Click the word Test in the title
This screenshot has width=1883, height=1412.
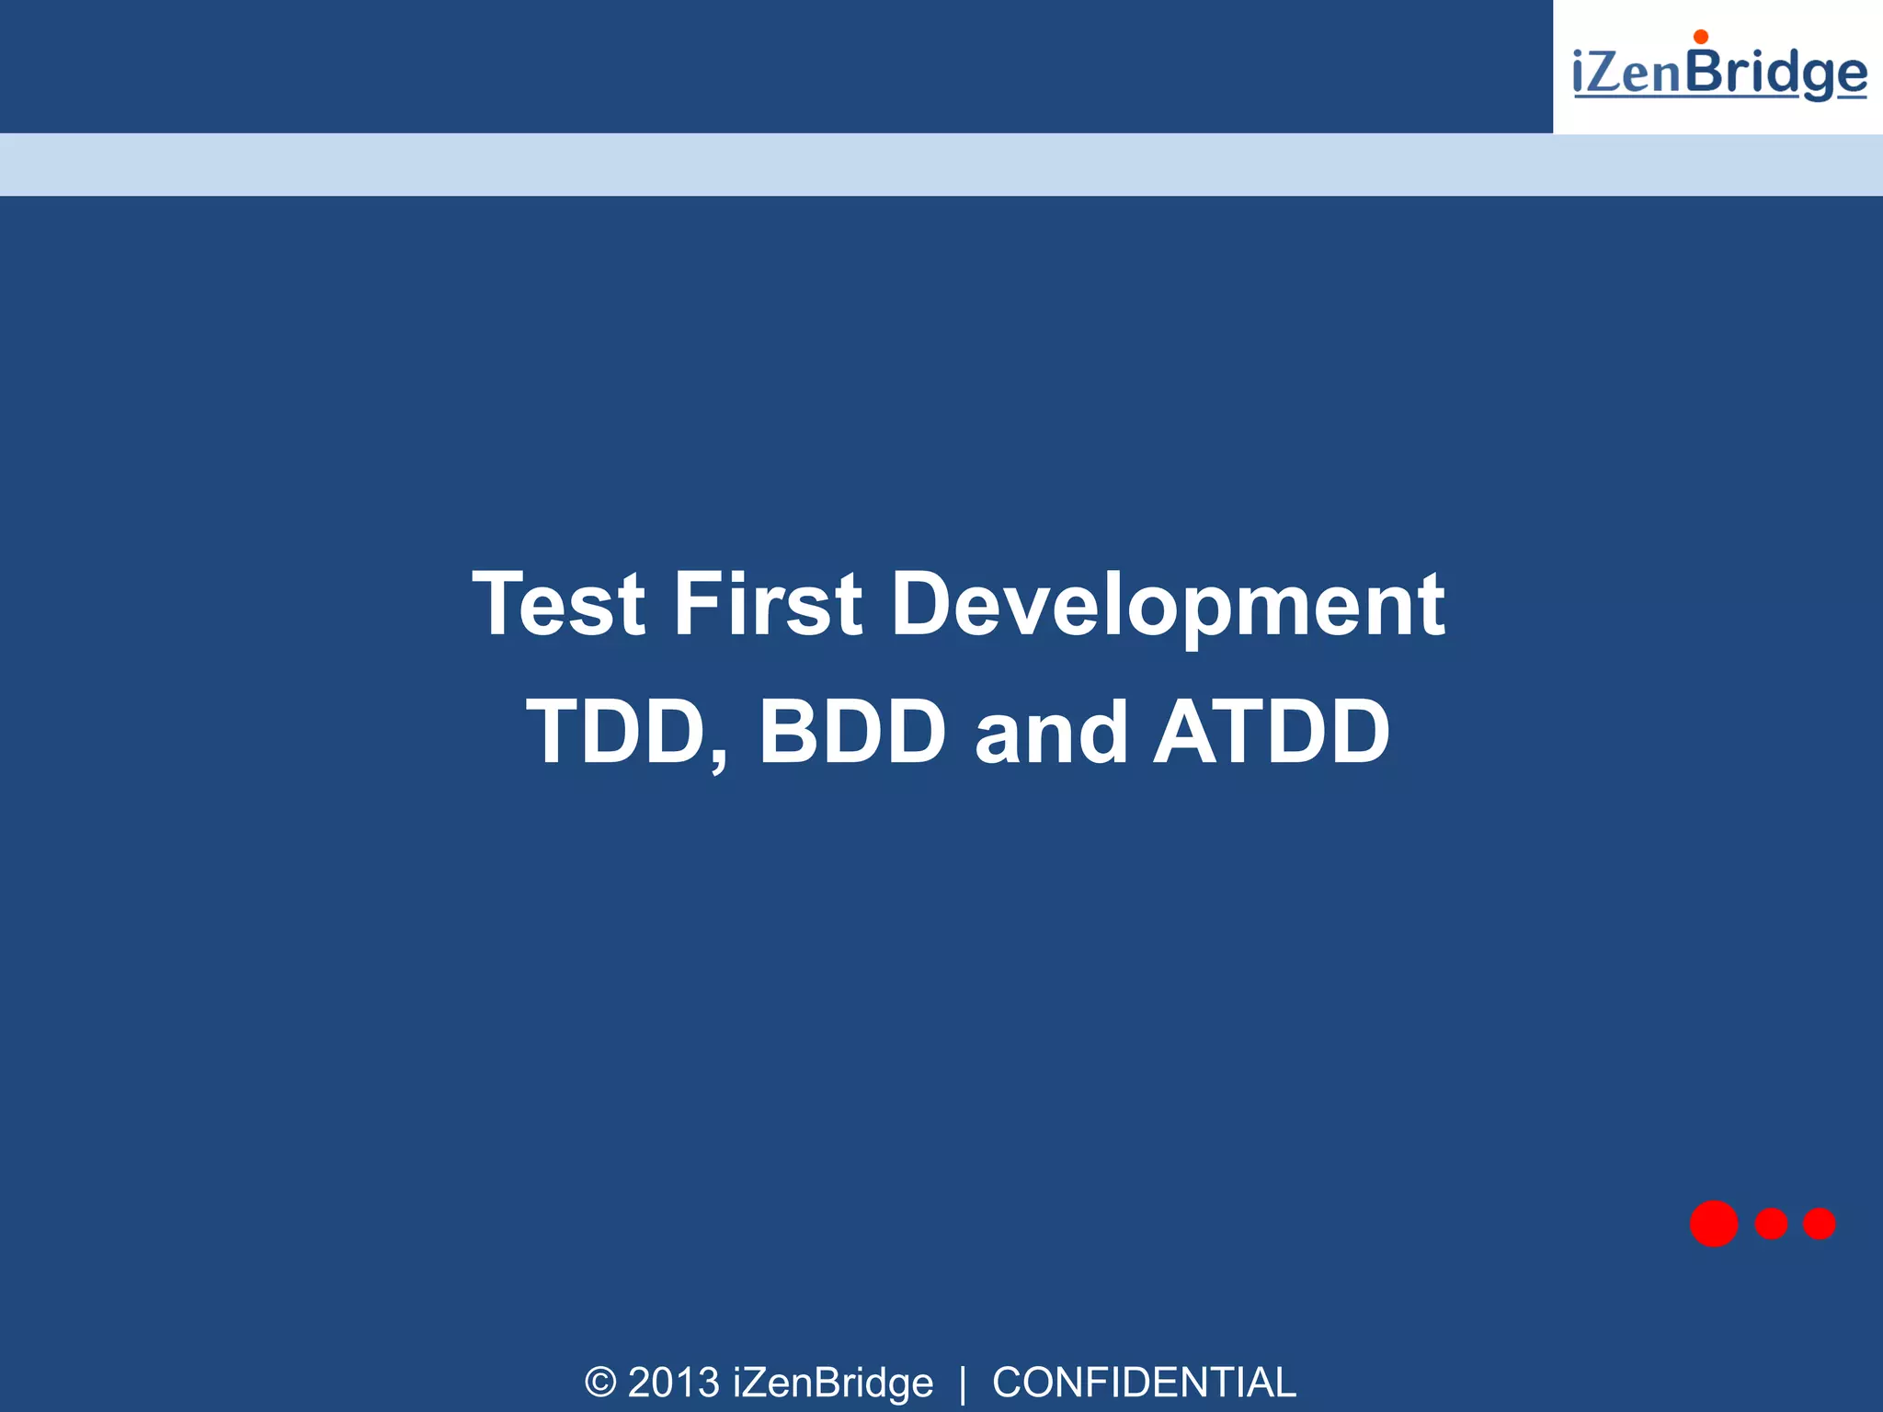pyautogui.click(x=558, y=604)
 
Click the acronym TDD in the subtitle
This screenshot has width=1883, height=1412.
pyautogui.click(x=615, y=732)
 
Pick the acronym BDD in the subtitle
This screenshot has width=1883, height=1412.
pyautogui.click(x=851, y=732)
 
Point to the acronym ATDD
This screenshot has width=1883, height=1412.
pyautogui.click(x=1272, y=732)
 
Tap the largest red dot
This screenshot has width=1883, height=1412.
pyautogui.click(x=1714, y=1224)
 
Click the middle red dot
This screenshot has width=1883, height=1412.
pyautogui.click(x=1771, y=1224)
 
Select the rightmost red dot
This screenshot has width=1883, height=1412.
pyautogui.click(x=1819, y=1224)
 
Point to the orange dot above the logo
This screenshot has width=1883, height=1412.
pyautogui.click(x=1701, y=37)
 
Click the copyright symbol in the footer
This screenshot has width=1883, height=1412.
pyautogui.click(x=599, y=1383)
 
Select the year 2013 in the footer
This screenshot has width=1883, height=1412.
pyautogui.click(x=673, y=1383)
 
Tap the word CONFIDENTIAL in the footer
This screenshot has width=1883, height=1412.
pyautogui.click(x=1144, y=1383)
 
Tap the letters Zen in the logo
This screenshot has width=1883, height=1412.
pyautogui.click(x=1635, y=74)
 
